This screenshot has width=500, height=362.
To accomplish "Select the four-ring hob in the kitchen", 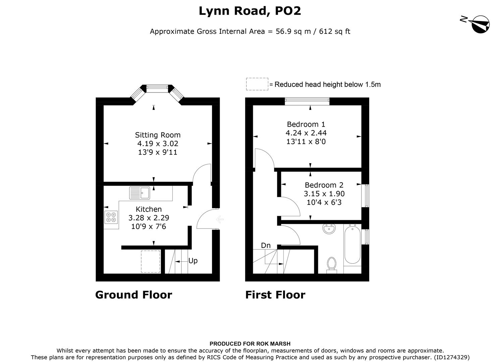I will pyautogui.click(x=111, y=217).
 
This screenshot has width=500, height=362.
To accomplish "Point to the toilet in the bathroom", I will pyautogui.click(x=331, y=264).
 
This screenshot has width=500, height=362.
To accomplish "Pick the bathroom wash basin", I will pyautogui.click(x=330, y=229).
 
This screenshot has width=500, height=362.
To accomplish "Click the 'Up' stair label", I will pyautogui.click(x=193, y=261).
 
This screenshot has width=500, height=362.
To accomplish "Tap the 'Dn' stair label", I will pyautogui.click(x=266, y=246).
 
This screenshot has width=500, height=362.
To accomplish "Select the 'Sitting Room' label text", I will pyautogui.click(x=158, y=135).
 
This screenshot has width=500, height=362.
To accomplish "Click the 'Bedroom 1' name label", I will pyautogui.click(x=306, y=124).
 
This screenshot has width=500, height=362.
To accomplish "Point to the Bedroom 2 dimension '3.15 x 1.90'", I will pyautogui.click(x=324, y=194).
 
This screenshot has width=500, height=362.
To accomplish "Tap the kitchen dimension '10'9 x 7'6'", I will pyautogui.click(x=149, y=227).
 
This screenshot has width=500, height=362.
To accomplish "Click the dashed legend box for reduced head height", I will pyautogui.click(x=257, y=84).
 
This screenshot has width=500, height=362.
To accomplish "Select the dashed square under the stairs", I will pyautogui.click(x=151, y=261).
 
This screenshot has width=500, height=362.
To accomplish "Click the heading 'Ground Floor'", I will pyautogui.click(x=133, y=295).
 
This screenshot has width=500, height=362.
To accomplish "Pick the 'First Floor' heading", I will pyautogui.click(x=275, y=295).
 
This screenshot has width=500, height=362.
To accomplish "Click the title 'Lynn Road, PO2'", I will pyautogui.click(x=250, y=11).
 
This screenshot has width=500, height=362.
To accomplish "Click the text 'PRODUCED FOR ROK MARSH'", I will pyautogui.click(x=250, y=344).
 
